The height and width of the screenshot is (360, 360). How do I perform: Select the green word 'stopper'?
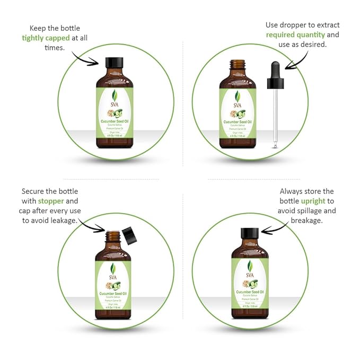51,201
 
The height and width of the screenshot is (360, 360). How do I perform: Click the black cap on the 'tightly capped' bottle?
114,63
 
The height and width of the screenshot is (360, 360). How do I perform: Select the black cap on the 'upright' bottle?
249,234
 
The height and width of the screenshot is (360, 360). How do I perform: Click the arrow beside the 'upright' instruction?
276,229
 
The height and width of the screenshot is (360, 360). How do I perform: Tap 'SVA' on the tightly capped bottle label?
114,104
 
